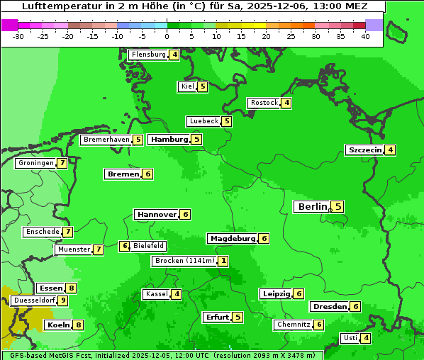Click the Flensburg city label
148,55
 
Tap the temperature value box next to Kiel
203,86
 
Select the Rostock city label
264,103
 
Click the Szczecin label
364,150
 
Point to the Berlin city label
312,207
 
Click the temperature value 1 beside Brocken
223,261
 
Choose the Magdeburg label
232,238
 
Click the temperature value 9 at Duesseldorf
63,300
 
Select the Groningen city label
36,163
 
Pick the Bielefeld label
149,246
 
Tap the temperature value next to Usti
366,338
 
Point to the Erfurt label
216,317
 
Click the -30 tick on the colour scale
18,36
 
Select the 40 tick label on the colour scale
365,36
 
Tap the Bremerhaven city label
106,140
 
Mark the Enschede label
42,232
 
